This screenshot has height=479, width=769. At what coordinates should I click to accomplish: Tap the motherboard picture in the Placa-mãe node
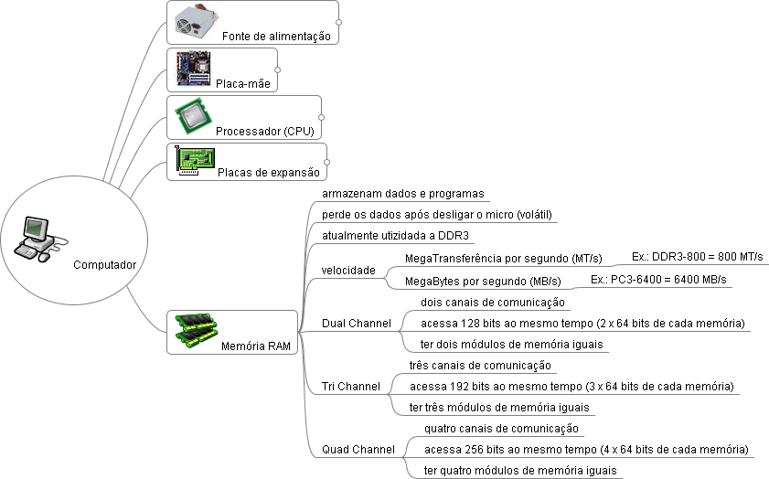[193, 68]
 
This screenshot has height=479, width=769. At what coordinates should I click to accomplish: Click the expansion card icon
[195, 161]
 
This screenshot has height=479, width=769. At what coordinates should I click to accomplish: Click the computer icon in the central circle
[37, 238]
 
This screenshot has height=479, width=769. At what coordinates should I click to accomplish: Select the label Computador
[104, 265]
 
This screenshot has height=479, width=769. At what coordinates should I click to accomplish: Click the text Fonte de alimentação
[275, 37]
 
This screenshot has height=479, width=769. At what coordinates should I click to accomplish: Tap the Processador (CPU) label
[264, 132]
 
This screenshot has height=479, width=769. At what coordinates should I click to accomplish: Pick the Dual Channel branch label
[357, 324]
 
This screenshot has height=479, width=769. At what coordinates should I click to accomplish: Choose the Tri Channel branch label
[351, 387]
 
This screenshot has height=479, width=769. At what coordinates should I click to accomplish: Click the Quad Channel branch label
[358, 450]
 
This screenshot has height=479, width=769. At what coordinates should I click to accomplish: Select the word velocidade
[348, 271]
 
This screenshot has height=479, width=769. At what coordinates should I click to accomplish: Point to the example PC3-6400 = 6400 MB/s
[658, 280]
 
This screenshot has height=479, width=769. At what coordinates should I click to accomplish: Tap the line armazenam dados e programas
[402, 194]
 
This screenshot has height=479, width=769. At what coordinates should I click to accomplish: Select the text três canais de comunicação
[480, 365]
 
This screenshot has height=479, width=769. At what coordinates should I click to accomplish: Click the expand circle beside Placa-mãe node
[277, 69]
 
